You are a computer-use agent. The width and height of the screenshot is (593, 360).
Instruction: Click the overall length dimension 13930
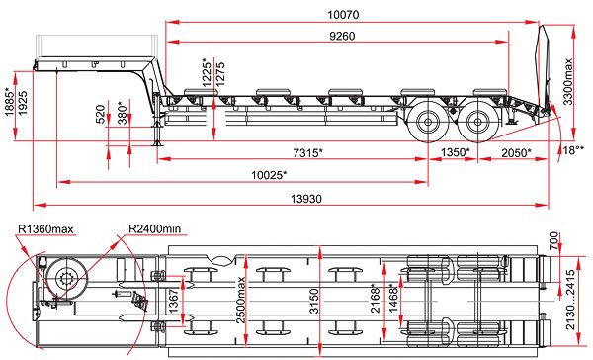pos(306,199)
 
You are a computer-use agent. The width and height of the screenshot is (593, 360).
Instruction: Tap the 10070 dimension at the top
pos(343,15)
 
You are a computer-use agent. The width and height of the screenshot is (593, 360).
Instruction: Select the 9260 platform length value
pos(342,36)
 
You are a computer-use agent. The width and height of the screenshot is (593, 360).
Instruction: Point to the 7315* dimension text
pos(307,153)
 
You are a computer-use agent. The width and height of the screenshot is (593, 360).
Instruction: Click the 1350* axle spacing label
pos(456,152)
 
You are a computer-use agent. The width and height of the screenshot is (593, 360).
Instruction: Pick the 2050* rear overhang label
pos(516,153)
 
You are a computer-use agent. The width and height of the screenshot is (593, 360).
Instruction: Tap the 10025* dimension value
pos(269,175)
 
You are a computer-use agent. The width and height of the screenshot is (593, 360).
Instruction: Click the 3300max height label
pos(567,82)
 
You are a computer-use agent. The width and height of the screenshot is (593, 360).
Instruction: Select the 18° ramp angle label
pos(573,150)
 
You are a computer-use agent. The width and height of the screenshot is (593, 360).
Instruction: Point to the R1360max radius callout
pos(45,229)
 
